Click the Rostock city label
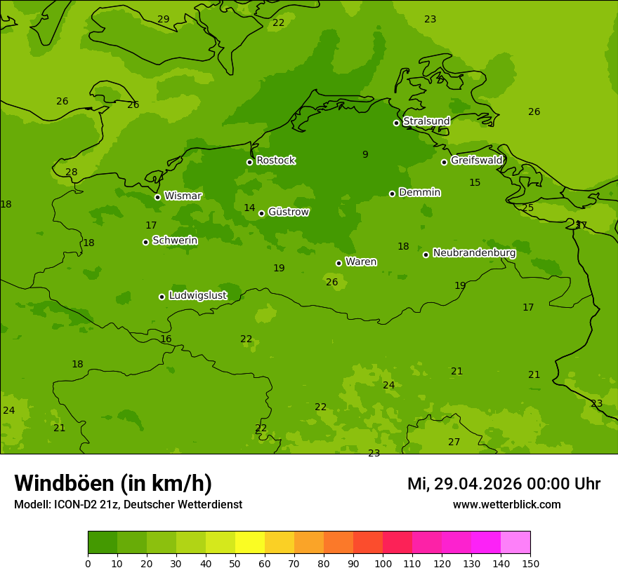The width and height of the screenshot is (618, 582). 275,161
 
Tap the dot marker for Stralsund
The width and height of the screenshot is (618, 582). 396,123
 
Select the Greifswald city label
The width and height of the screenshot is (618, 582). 476,161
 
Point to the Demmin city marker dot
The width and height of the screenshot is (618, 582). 392,194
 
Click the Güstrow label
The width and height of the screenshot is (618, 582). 289,212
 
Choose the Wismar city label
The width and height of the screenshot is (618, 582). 183,196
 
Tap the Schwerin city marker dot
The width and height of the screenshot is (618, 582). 145,242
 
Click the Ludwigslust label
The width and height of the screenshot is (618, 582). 197,295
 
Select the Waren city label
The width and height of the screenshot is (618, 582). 361,262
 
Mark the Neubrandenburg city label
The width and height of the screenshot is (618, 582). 474,253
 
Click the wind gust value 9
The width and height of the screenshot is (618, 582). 365,155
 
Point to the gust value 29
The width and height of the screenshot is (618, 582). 163,20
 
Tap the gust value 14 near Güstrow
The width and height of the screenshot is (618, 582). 249,208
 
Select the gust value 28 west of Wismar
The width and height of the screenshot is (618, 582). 72,172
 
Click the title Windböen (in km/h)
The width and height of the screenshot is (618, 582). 113,483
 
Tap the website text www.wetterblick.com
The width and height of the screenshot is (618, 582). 506,504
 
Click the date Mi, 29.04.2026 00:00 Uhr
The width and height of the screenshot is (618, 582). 504,484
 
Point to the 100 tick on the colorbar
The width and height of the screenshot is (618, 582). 383,563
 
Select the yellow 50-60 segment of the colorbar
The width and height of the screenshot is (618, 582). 250,543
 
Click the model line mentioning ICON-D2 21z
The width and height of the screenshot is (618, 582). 128,504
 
